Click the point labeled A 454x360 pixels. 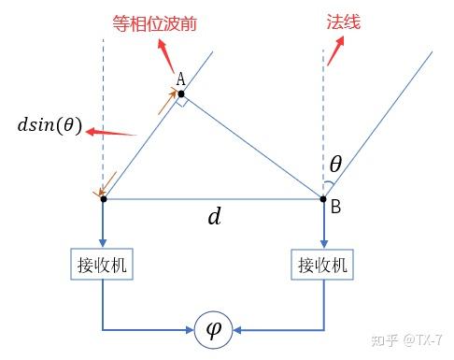(180, 94)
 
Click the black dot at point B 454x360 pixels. (323, 198)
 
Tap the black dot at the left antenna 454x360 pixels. (103, 198)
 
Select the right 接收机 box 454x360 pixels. (323, 266)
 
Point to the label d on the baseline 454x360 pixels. (214, 218)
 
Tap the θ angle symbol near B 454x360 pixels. (335, 165)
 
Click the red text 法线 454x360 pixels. (342, 19)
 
